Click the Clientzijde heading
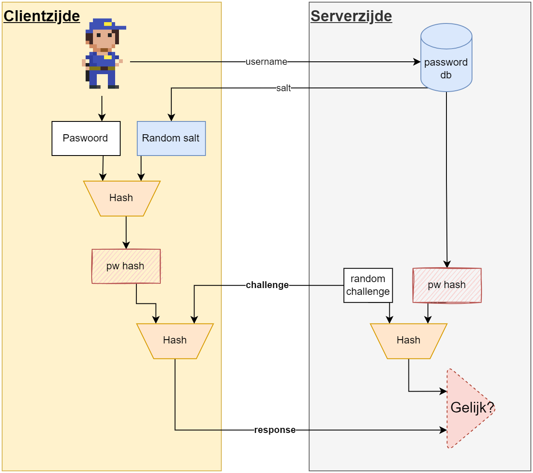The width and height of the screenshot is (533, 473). coord(42,16)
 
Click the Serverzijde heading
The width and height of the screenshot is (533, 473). coord(351,16)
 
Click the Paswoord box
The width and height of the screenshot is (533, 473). coord(86,138)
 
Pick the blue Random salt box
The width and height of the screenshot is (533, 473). coord(171,138)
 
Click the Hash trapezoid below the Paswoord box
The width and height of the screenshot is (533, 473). coord(122,198)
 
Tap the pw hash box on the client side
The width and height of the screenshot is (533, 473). coord(126,266)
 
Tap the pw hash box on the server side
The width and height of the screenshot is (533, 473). coord(447,285)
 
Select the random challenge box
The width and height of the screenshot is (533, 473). coord(368,285)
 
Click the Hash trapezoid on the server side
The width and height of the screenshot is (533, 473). coord(408,340)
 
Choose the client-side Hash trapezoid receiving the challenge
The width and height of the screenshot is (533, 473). coord(175,340)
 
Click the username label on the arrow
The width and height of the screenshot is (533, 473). coord(266,62)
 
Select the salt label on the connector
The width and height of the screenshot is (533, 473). coord(284,88)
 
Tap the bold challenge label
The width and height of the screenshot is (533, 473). coord(267,285)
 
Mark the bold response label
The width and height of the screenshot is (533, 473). coord(275,430)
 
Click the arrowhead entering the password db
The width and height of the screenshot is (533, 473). coord(417,62)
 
